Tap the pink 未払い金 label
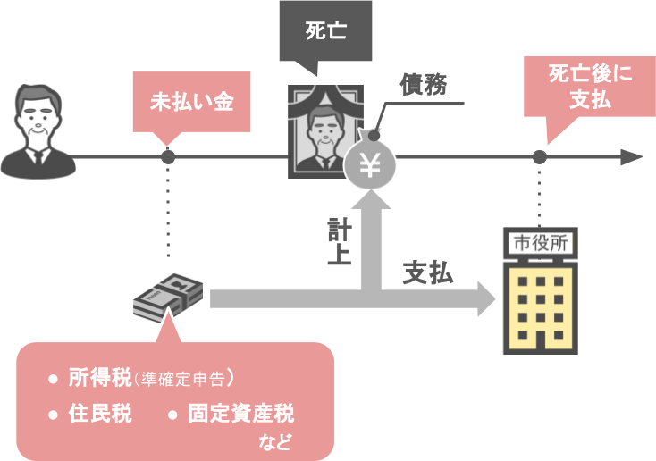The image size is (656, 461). click(x=191, y=101)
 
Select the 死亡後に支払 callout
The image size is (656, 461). click(x=589, y=87)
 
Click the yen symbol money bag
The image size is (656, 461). click(x=369, y=163)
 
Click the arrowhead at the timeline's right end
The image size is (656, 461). click(x=632, y=157)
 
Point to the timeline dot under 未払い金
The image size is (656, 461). click(x=168, y=157)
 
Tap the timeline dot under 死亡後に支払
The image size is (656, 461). click(x=539, y=157)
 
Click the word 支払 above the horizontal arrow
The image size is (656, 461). click(x=427, y=272)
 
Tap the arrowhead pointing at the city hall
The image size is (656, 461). click(x=486, y=298)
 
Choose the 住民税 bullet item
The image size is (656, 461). click(x=99, y=414)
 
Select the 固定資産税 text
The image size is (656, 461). click(x=240, y=414)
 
